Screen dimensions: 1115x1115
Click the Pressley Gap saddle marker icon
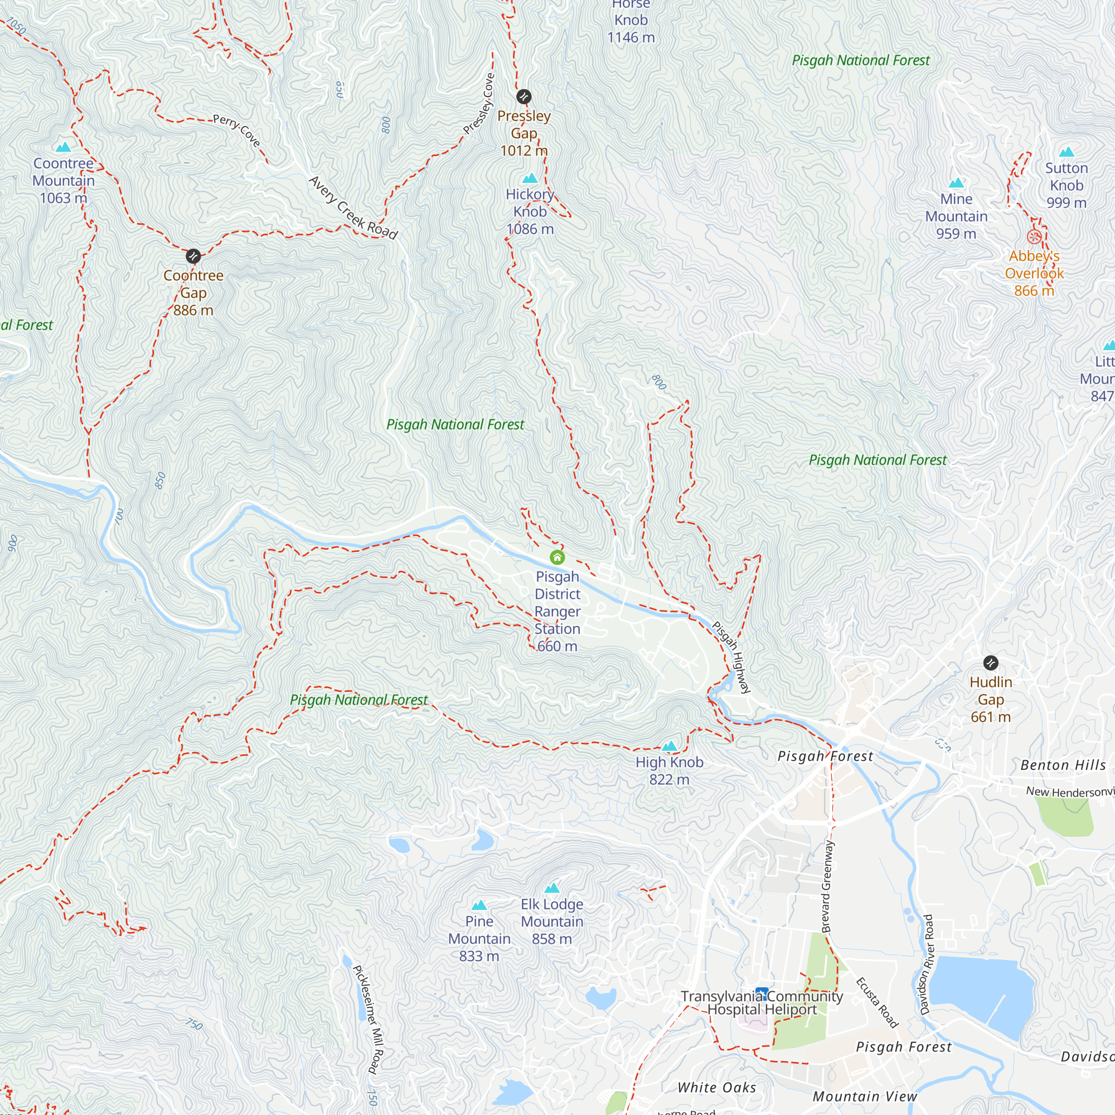click(x=523, y=96)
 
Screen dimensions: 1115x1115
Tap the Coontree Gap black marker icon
click(x=193, y=256)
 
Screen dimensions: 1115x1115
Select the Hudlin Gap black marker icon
click(x=990, y=662)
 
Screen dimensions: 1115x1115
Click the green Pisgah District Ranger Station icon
click(x=557, y=557)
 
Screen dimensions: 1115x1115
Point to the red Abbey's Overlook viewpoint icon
click(x=1034, y=236)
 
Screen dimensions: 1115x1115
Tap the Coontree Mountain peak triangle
click(x=64, y=147)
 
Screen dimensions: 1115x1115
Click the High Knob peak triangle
click(x=670, y=746)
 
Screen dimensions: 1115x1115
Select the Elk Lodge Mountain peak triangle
click(x=552, y=888)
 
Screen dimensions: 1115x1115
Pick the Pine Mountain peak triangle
click(x=479, y=905)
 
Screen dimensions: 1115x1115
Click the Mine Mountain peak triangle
click(x=956, y=183)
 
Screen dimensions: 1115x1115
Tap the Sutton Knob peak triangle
click(x=1066, y=152)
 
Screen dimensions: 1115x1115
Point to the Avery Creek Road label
click(x=353, y=208)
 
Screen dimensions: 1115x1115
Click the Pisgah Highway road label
click(x=731, y=657)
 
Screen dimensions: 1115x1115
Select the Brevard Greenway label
click(x=827, y=886)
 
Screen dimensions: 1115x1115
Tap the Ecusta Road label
click(x=876, y=1003)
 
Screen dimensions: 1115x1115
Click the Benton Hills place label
click(x=1063, y=765)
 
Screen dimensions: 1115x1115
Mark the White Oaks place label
click(x=716, y=1087)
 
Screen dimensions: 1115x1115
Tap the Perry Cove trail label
click(x=236, y=130)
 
